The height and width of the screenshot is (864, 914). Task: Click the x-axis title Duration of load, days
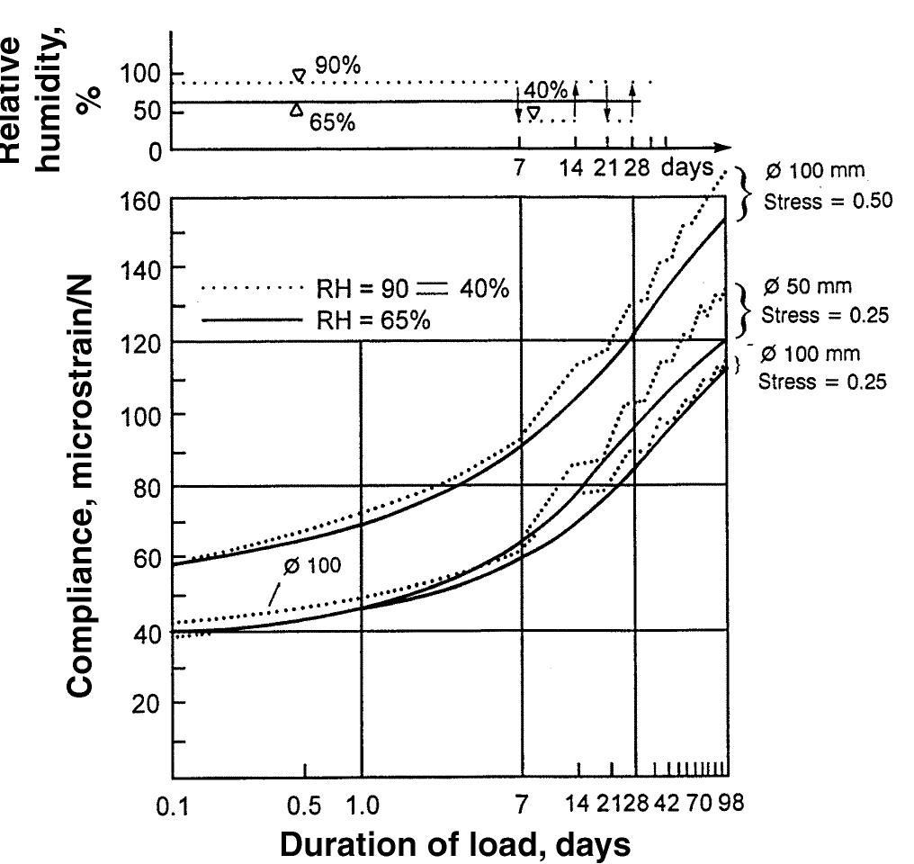point(455,844)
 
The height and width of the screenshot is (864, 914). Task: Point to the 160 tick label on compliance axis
point(140,200)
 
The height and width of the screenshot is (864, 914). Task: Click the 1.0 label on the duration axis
point(362,805)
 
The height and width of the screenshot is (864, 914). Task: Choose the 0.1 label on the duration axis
point(173,806)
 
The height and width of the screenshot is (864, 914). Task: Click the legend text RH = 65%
point(373,319)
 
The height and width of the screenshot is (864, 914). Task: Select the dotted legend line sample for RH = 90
point(255,289)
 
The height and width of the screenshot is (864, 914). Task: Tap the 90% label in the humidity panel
point(337,66)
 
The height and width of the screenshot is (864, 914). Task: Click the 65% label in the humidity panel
point(332,122)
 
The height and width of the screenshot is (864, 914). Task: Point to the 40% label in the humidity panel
point(545,90)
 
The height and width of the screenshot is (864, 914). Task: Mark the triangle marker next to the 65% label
point(296,110)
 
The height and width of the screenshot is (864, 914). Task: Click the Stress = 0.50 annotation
point(828,201)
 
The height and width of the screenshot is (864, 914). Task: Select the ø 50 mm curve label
point(807,287)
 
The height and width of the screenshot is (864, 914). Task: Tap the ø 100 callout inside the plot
point(311,567)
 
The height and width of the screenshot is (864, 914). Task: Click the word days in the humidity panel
point(688,167)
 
